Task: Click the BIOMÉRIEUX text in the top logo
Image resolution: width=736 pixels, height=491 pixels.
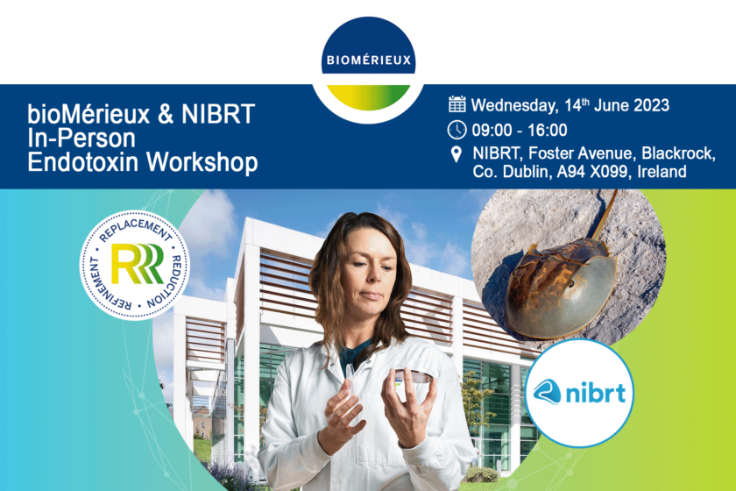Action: pos(369,60)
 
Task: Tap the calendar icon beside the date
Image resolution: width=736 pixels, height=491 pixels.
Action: pos(456,104)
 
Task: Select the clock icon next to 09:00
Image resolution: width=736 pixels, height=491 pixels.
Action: pos(456,130)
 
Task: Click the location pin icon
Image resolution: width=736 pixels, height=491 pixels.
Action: pos(456,154)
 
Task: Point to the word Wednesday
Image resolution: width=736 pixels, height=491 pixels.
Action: pos(515,106)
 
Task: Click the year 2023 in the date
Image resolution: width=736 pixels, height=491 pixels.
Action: pos(651,105)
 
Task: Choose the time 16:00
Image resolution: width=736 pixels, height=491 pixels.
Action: pos(548,130)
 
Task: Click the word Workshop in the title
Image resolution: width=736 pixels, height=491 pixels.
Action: pos(202,163)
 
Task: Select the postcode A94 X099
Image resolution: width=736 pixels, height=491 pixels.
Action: pos(592,172)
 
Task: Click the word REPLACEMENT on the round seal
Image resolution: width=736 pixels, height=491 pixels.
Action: pos(135,231)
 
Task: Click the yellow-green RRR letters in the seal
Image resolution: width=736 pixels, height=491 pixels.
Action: pos(137,264)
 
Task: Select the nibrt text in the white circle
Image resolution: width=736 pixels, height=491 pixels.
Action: pos(596,393)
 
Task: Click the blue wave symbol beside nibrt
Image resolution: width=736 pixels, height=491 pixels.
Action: pos(548,391)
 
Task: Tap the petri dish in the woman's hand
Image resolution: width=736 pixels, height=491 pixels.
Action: pos(413,375)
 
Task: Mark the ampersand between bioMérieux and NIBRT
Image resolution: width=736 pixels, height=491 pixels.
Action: pos(166,115)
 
